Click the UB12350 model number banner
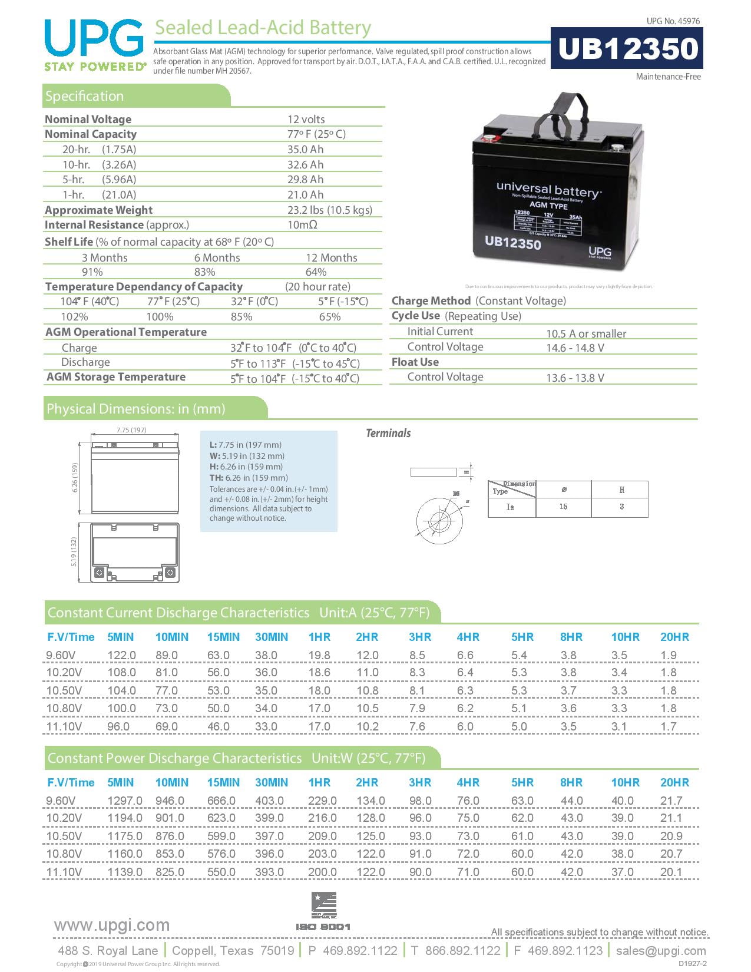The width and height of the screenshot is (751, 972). coord(627,48)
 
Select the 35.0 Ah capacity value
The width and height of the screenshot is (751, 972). coord(305,150)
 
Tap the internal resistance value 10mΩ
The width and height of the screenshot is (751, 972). coord(302,225)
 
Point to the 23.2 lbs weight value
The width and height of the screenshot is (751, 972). coord(329,210)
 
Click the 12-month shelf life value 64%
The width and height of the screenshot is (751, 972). coord(316,272)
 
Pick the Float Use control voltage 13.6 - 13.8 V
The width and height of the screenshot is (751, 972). coord(575,378)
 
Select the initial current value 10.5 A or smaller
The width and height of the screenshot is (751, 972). coord(585,333)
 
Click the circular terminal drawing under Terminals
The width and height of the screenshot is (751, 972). coord(437,521)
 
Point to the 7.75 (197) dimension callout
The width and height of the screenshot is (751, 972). coord(131,430)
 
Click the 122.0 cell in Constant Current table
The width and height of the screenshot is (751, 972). coord(121,655)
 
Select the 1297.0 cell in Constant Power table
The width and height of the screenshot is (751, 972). coord(124,801)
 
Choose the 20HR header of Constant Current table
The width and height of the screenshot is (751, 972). coord(674,637)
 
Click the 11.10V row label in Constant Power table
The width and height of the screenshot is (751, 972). coord(64,872)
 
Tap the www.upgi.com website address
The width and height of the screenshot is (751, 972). coord(112,925)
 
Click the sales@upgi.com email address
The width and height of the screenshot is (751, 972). coord(661,951)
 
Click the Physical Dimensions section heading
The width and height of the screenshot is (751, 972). coord(136,409)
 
